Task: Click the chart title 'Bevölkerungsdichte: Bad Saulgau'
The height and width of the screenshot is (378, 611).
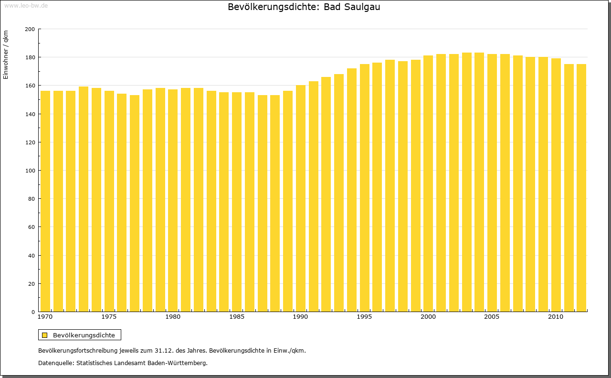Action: click(304, 7)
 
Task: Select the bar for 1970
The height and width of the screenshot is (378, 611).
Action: click(45, 201)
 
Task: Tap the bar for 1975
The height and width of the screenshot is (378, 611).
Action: click(109, 201)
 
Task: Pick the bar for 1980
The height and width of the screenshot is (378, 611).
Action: click(173, 201)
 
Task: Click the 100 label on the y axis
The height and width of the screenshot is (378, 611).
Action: click(30, 171)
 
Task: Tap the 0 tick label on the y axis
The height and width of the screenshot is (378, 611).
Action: click(32, 312)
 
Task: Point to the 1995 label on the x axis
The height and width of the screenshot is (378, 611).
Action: click(365, 317)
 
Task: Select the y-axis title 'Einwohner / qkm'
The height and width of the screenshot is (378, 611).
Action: click(6, 54)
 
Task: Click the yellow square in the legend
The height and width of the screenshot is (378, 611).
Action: click(45, 335)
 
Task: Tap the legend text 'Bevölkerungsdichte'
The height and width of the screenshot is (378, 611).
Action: click(84, 335)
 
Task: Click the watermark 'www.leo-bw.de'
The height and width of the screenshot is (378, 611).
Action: click(26, 5)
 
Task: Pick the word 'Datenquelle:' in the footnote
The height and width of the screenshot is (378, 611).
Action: click(55, 363)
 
